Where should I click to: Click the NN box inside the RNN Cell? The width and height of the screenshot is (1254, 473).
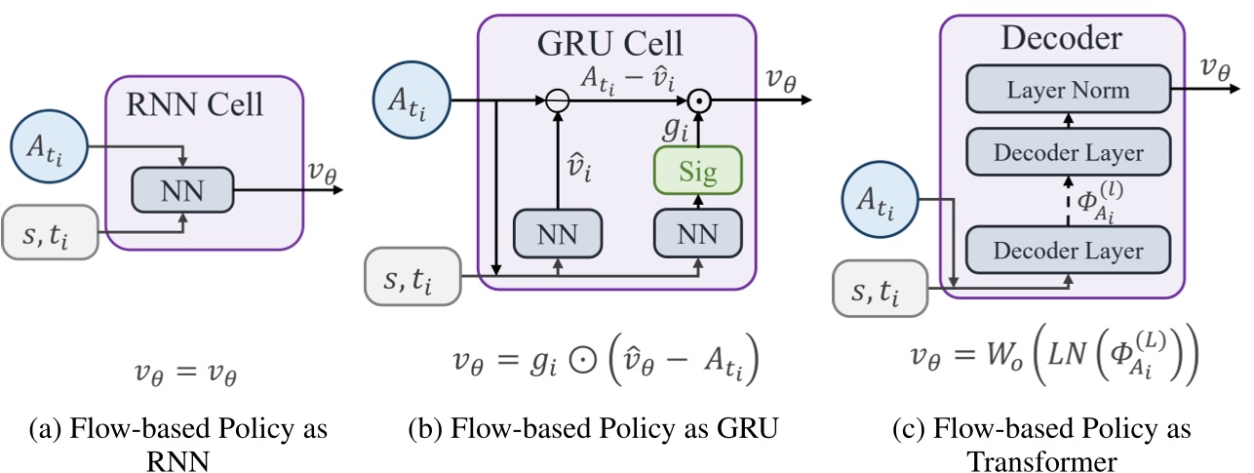click(x=182, y=189)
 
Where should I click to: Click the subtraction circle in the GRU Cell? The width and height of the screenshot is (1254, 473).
click(x=557, y=100)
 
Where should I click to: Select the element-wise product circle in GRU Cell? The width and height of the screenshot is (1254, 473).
click(x=698, y=100)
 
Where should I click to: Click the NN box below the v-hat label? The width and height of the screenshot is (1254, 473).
click(x=557, y=234)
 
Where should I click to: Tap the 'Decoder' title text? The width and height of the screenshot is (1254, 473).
click(x=1062, y=39)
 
